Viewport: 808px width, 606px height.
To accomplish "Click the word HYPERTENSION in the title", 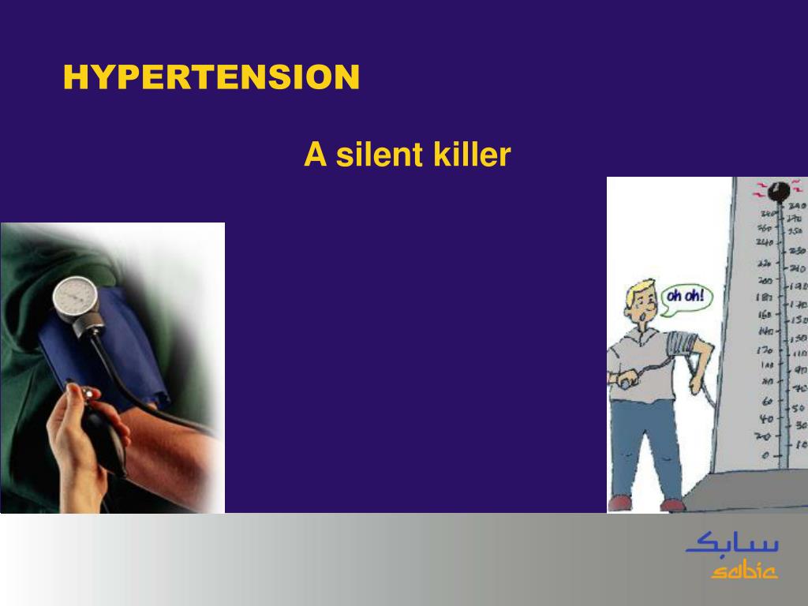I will tap(211, 77).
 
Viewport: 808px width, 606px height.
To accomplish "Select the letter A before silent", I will tap(315, 155).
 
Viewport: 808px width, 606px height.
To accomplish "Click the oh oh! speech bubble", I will tap(685, 298).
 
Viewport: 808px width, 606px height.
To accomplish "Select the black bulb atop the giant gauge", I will tap(781, 192).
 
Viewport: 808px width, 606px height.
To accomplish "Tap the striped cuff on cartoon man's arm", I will tap(681, 343).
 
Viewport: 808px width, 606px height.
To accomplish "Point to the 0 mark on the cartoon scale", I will tap(765, 455).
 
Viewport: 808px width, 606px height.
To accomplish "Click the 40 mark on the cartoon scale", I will tap(765, 418).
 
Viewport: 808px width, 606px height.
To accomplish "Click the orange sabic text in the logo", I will tap(744, 570).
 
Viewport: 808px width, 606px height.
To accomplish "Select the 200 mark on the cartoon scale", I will tap(764, 281).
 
